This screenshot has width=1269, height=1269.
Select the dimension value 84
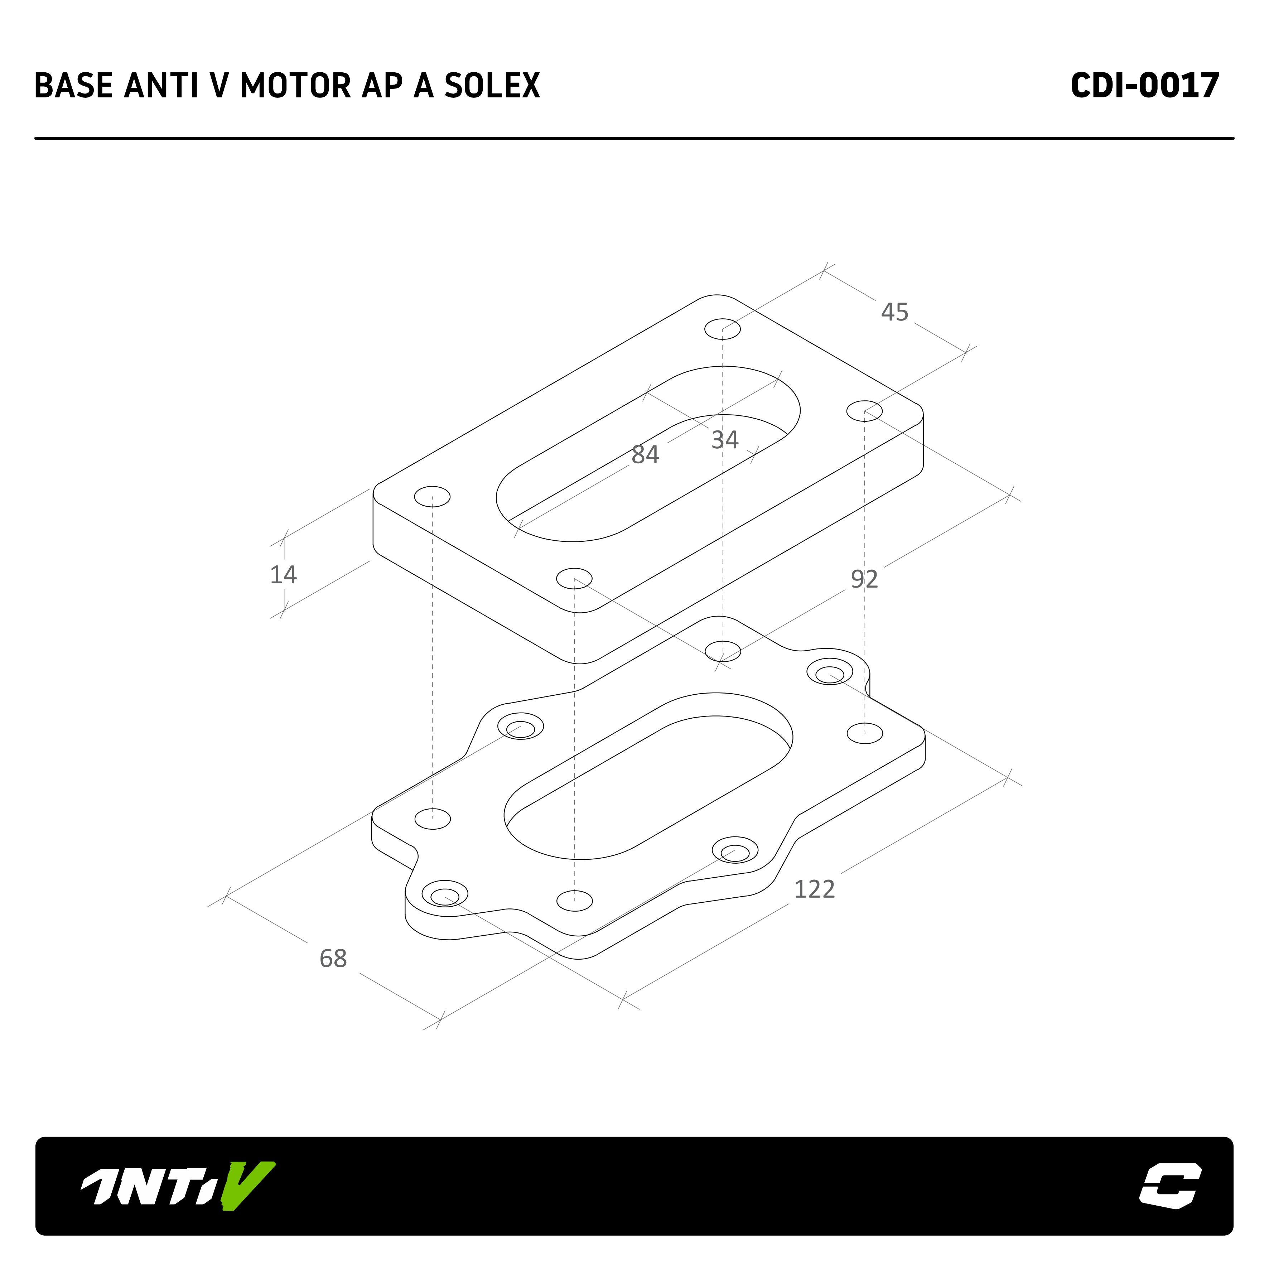pos(645,454)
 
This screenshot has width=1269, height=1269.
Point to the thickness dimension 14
pos(284,575)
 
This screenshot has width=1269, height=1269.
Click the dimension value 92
pos(864,579)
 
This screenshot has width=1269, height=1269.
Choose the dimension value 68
pos(333,958)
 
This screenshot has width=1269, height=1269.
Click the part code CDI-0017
pos(1145,85)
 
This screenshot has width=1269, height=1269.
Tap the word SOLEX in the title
pos(492,85)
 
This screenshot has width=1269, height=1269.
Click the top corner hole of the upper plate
pos(723,329)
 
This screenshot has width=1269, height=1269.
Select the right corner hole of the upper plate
pos(864,411)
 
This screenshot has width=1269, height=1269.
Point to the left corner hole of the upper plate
pos(432,497)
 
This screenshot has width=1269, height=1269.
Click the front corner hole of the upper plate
pos(574,579)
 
